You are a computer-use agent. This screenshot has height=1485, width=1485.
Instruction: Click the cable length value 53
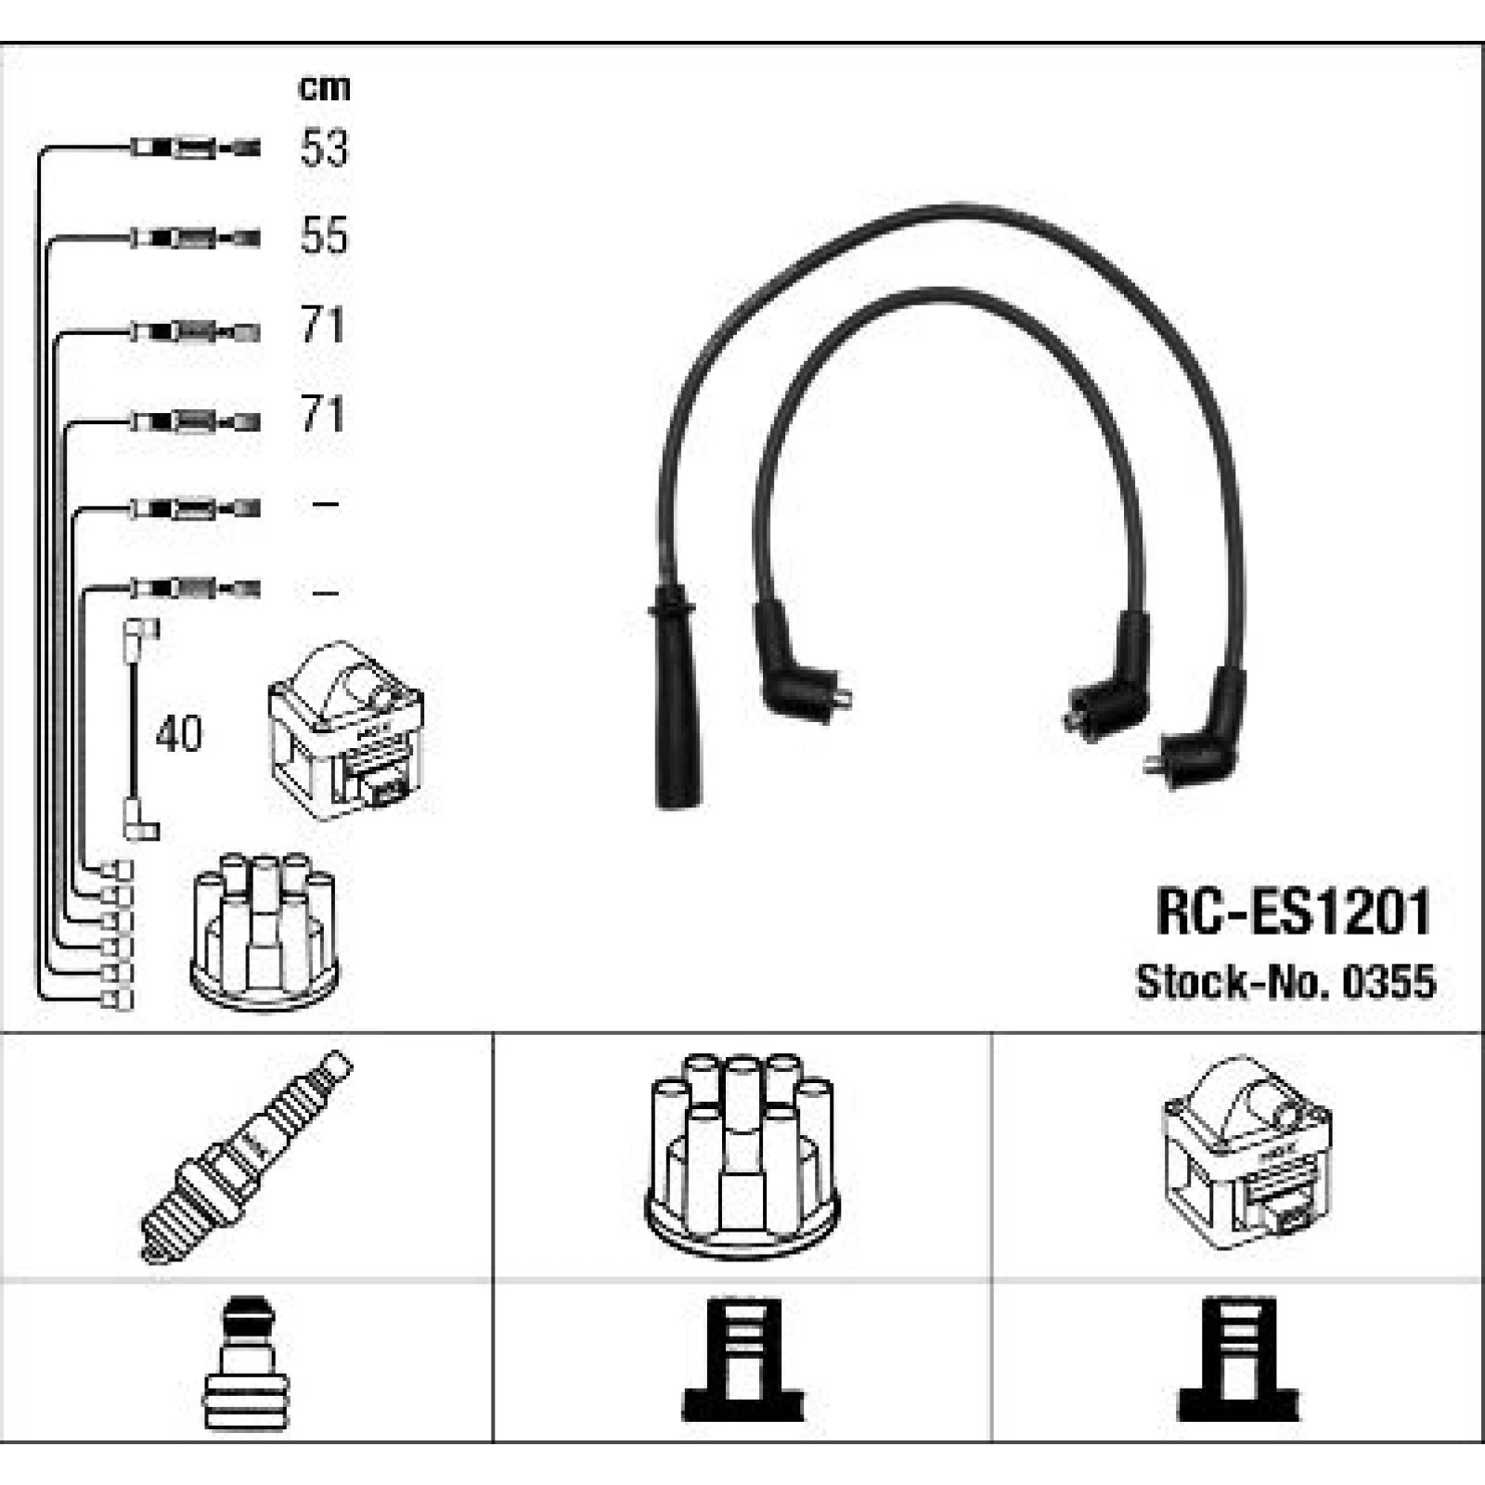coord(324,148)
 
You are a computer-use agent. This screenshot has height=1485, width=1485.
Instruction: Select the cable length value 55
coord(324,235)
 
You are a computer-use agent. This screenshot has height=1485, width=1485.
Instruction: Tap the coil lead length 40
coord(178,733)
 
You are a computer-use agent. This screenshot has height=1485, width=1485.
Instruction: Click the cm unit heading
coord(324,88)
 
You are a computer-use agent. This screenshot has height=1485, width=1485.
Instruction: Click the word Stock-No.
coord(1233,981)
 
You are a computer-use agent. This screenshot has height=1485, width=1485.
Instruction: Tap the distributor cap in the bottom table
coord(741,1155)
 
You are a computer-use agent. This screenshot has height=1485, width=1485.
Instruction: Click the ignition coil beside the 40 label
coord(345,730)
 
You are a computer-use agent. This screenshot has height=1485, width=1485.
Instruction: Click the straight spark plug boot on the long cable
coord(677,696)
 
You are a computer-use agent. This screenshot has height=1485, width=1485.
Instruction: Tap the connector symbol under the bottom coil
coord(1238,1360)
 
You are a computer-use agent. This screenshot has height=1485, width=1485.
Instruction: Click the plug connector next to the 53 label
coord(195,148)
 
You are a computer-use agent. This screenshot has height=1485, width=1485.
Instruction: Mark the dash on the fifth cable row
coord(326,504)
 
